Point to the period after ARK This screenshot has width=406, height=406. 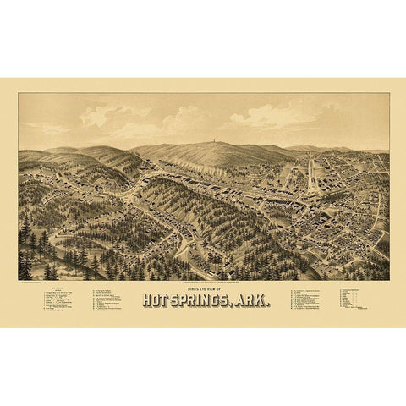pos(270,304)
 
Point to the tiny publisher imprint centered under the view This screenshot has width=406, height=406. pos(203,282)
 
